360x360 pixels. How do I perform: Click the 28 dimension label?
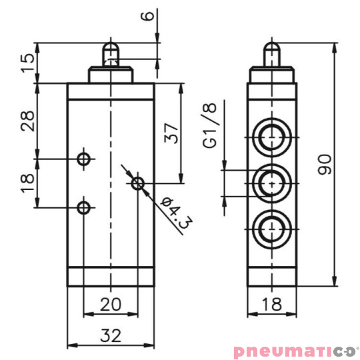tap(27, 121)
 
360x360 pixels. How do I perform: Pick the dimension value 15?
tap(27, 63)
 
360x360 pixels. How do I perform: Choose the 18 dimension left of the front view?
tap(27, 183)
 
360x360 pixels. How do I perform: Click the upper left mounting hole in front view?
tap(84, 159)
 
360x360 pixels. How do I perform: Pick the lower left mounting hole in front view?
tap(84, 207)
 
